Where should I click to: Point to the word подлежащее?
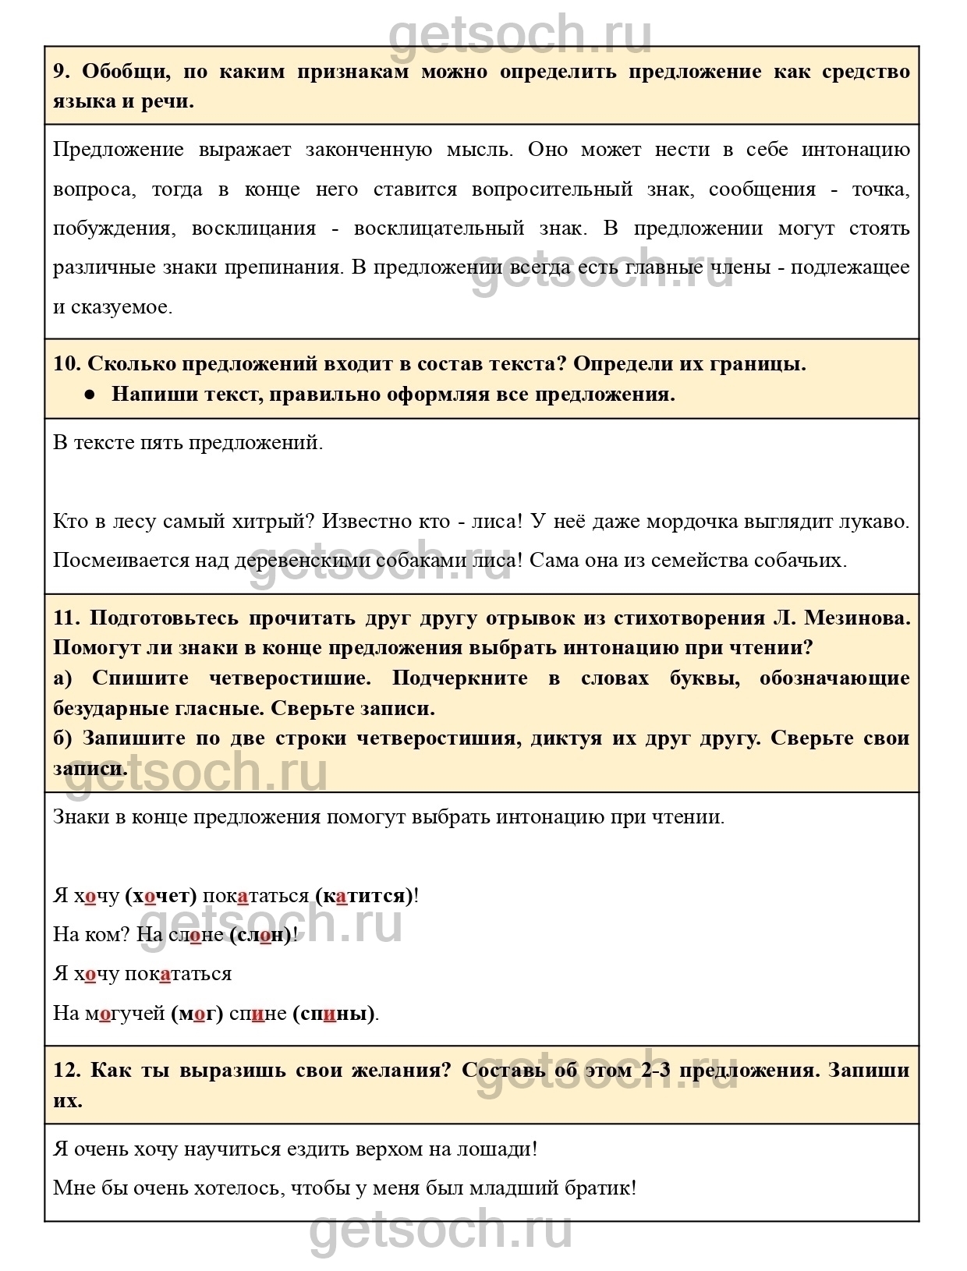850,267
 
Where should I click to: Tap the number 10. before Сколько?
67,364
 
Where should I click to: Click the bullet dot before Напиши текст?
90,395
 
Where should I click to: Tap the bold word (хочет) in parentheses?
161,896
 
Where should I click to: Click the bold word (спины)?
334,1014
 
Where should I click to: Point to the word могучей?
125,1014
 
